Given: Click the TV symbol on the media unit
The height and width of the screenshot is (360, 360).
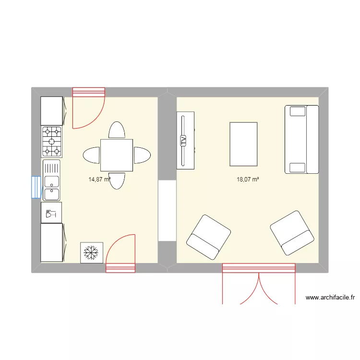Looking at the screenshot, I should (182, 141).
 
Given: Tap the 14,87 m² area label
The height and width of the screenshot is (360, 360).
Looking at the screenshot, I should (99, 180).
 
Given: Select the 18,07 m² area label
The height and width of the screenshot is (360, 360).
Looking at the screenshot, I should (248, 180).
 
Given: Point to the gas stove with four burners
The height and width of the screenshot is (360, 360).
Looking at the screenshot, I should (52, 141).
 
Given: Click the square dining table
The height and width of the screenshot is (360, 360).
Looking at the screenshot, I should (117, 155).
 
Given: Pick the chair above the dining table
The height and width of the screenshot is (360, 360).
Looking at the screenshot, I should (117, 130).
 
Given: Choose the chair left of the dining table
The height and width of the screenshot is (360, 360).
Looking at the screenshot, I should (92, 155).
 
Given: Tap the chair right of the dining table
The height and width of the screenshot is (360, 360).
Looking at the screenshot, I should (142, 155).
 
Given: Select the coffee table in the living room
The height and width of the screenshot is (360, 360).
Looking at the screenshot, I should (243, 144).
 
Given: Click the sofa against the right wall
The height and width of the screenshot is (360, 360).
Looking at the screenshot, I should (301, 139).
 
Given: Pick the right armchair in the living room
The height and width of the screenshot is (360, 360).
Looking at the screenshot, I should (292, 232).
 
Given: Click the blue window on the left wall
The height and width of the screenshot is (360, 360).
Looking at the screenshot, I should (36, 187).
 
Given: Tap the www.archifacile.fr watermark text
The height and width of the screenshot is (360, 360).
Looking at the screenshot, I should (330, 298).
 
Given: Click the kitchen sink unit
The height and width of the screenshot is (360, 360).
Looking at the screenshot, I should (52, 180).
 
